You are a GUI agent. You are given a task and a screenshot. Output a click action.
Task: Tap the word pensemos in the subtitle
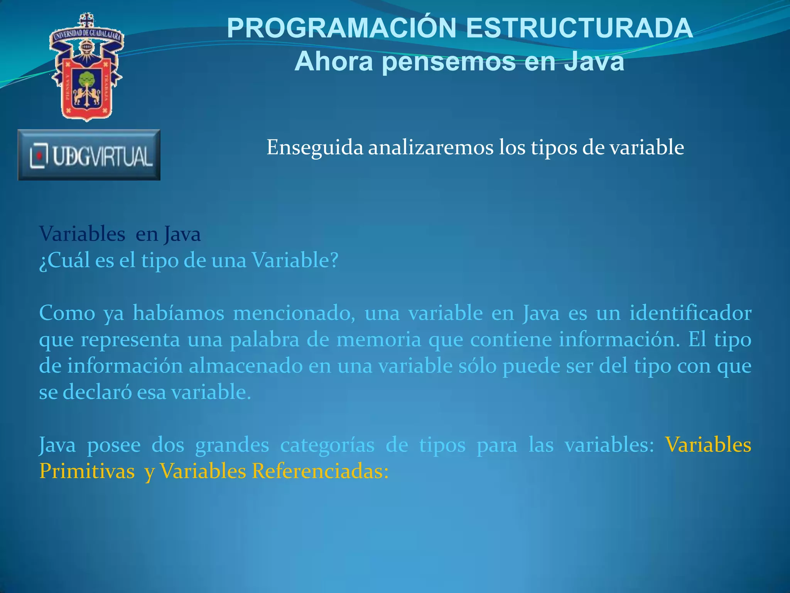coord(449,62)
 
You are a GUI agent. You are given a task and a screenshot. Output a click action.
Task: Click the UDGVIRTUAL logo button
coord(89,155)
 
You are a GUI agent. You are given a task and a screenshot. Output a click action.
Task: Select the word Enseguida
coord(315,147)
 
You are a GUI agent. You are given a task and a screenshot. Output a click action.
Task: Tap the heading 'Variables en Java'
coord(120,234)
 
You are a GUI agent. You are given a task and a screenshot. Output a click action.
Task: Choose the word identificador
coord(690,313)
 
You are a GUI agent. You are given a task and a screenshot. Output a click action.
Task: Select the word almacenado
coord(246,366)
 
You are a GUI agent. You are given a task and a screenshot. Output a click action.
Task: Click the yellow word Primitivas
coord(87,471)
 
